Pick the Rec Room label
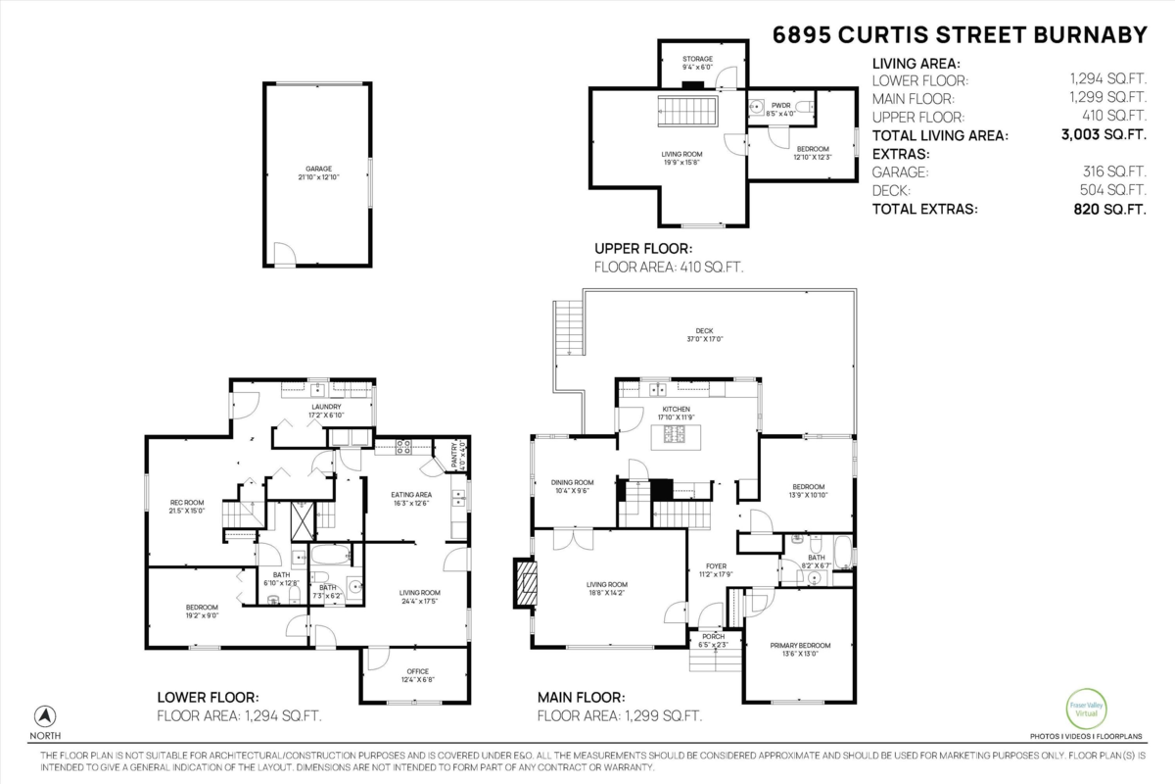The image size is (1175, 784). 186,506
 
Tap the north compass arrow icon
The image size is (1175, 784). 45,715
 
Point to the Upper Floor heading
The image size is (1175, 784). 643,249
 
